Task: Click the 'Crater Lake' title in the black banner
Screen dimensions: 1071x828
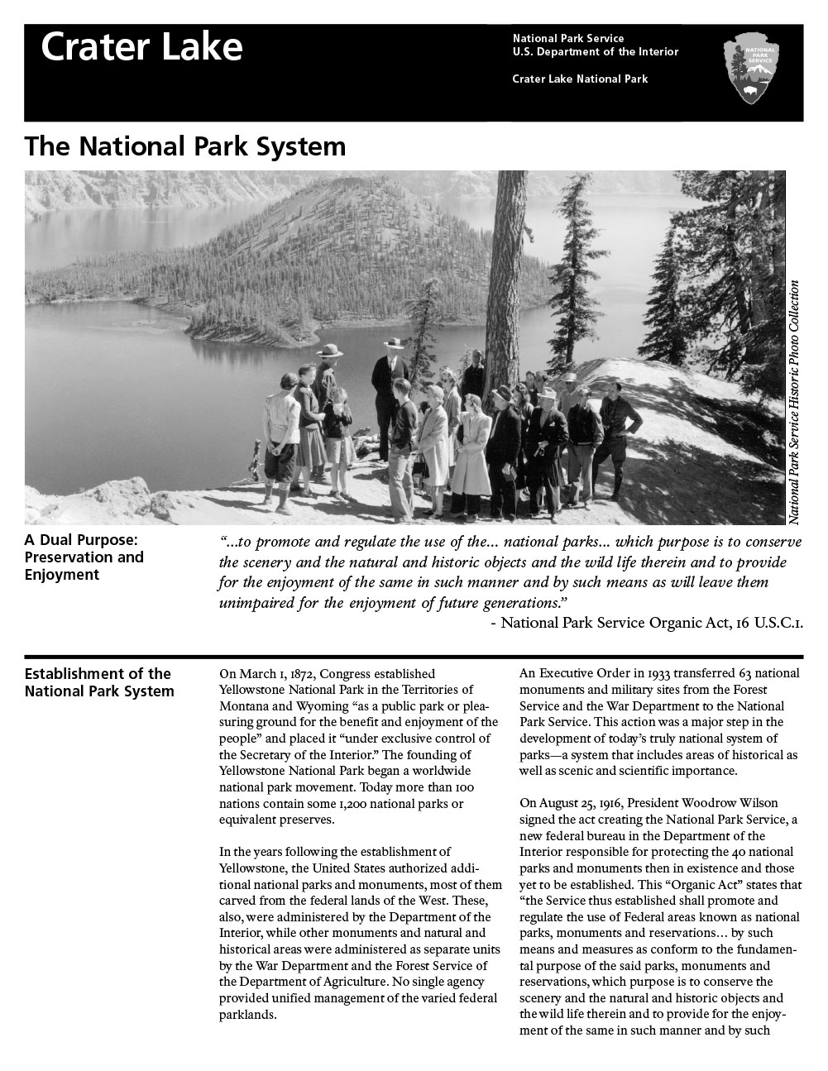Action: (x=141, y=47)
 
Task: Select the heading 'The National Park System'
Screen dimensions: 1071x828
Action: (x=184, y=146)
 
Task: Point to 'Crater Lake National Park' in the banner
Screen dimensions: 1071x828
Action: (x=580, y=79)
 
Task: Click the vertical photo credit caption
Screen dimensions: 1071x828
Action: (x=794, y=402)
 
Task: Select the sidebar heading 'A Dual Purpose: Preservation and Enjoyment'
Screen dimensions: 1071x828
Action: (x=84, y=557)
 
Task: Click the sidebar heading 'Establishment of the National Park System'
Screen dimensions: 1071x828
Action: (x=98, y=682)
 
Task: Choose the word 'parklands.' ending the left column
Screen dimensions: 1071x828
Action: (x=247, y=1015)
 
